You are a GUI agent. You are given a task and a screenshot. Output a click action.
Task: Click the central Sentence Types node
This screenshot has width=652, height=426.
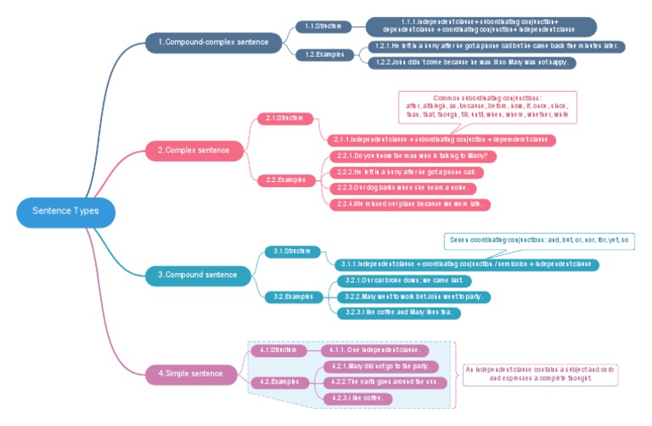click(65, 211)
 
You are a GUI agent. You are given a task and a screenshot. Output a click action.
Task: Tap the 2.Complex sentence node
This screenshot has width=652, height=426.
click(194, 151)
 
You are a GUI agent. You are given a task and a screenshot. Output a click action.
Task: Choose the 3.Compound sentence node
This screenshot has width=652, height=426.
click(197, 275)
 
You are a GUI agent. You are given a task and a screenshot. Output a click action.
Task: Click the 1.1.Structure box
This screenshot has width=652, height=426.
click(323, 26)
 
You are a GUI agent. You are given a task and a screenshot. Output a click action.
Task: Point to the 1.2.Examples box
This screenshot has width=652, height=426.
click(323, 54)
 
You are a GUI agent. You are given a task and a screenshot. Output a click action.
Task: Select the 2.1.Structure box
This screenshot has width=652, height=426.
click(285, 118)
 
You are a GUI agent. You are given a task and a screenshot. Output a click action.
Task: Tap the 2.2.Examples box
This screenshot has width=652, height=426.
click(285, 180)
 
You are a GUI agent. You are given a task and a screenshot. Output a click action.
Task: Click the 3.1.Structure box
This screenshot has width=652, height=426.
click(292, 252)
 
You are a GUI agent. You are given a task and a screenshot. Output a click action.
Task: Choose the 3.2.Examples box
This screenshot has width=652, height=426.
click(292, 297)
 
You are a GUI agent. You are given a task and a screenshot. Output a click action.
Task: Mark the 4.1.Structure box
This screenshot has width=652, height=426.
click(278, 349)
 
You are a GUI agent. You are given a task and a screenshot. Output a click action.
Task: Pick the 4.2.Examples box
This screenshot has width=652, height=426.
click(278, 381)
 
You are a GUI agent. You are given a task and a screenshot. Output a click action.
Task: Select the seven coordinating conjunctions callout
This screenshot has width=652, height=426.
click(539, 241)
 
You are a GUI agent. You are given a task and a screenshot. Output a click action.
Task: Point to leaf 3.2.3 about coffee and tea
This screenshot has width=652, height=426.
click(399, 313)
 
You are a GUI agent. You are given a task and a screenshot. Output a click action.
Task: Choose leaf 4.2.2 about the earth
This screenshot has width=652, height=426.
click(385, 382)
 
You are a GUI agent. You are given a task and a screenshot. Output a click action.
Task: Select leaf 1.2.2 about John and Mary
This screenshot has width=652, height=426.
click(473, 62)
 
